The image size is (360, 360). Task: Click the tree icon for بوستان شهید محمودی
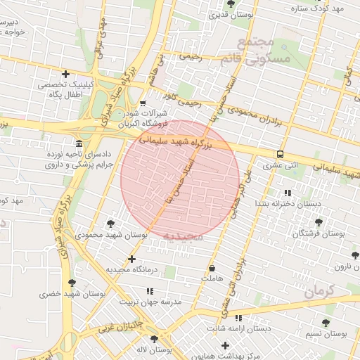[111, 224]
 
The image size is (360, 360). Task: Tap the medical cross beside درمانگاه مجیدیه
[131, 259]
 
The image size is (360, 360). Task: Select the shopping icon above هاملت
[212, 268]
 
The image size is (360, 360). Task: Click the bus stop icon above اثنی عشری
[280, 155]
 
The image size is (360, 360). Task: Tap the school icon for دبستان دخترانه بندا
[286, 193]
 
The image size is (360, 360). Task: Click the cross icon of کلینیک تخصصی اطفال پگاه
[65, 74]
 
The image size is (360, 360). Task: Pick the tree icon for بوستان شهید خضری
[71, 283]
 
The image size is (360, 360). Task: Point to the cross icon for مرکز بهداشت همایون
[225, 345]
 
